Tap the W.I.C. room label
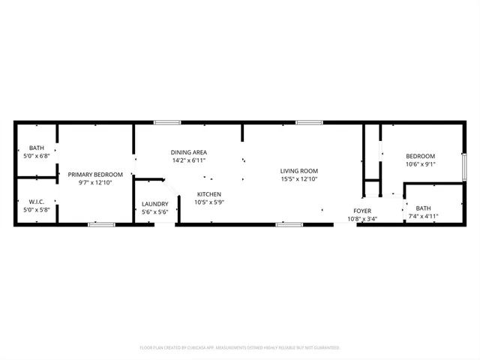[37, 202]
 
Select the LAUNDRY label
[154, 204]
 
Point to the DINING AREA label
[189, 152]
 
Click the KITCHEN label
[208, 194]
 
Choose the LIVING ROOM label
[299, 170]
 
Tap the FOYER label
[363, 211]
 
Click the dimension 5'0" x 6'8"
[37, 156]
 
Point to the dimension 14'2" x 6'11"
[189, 160]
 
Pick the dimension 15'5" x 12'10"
[299, 178]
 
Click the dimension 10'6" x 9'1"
[421, 164]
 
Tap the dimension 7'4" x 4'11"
[424, 216]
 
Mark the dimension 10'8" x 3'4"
[363, 219]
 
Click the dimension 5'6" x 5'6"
[154, 212]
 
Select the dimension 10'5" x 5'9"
[208, 202]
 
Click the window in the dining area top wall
[167, 122]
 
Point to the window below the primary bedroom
[100, 224]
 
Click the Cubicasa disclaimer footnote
[240, 348]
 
